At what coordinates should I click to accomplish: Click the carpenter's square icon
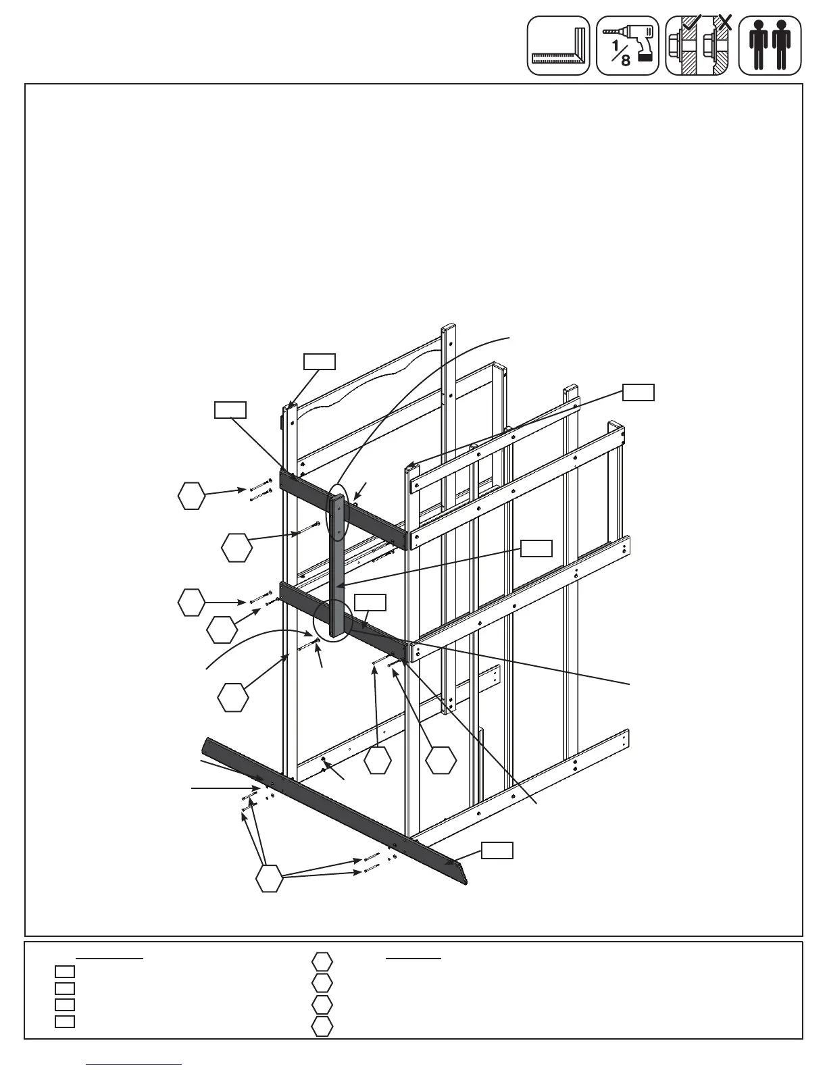[559, 46]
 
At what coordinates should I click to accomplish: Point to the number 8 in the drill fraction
[626, 61]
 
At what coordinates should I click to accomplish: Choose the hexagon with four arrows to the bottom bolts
[269, 878]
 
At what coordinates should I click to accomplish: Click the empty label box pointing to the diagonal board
[497, 850]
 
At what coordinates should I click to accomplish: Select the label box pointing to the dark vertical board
[536, 549]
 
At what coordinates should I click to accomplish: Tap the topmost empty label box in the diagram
[319, 361]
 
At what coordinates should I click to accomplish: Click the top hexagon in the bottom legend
[322, 961]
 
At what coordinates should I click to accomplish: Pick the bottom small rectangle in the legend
[65, 1021]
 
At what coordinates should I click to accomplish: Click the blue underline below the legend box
[134, 1065]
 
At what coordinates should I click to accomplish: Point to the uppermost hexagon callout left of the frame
[191, 496]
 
